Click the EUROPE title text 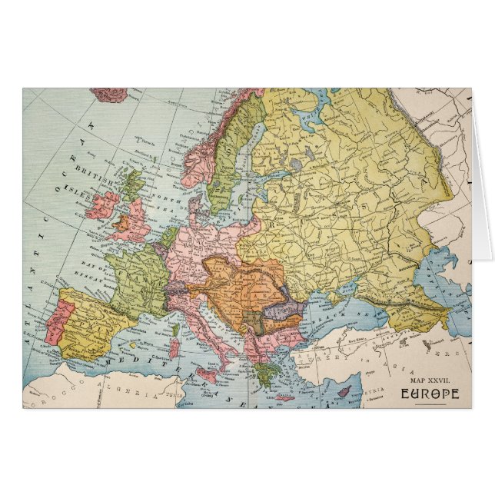pyautogui.click(x=429, y=394)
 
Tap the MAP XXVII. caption pyautogui.click(x=433, y=380)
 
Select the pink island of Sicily pyautogui.click(x=207, y=375)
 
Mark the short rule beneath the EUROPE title pyautogui.click(x=429, y=404)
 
